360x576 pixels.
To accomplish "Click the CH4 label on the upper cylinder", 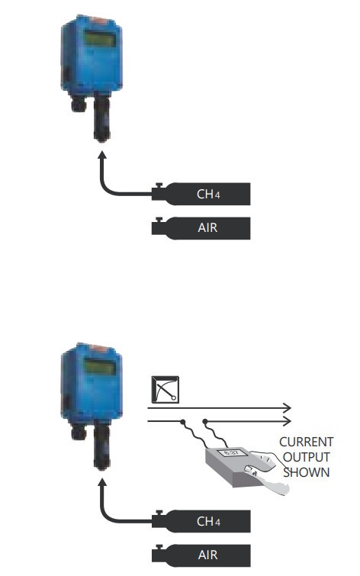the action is (x=208, y=194).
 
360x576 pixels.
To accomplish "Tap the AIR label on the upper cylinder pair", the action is (x=207, y=228).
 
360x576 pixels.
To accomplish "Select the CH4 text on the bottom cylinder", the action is (x=208, y=521).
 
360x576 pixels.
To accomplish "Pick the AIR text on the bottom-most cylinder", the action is (x=207, y=555).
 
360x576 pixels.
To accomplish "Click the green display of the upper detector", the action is (x=100, y=38).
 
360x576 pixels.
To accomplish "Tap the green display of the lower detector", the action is (x=100, y=367).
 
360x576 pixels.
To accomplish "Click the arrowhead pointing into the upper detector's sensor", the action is (x=102, y=155).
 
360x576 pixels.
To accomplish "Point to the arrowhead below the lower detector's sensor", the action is (x=102, y=482).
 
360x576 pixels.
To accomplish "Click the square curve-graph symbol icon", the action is (x=166, y=389).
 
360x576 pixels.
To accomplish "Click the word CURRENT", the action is (x=306, y=442).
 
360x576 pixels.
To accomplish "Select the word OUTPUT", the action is (x=306, y=457).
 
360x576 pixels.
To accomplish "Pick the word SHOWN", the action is (x=306, y=472).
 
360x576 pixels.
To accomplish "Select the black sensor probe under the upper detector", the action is (x=101, y=117).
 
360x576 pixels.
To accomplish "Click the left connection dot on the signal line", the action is (x=182, y=421).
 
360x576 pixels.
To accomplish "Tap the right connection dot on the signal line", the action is (x=205, y=421).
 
